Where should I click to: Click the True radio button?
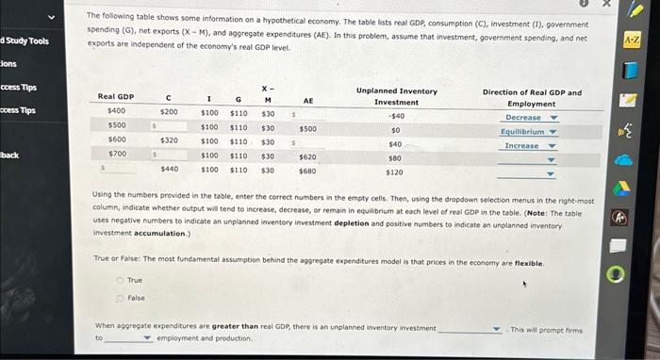point(121,280)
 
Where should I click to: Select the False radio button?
point(121,297)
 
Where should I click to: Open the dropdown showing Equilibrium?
point(531,132)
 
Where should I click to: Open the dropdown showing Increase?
point(531,146)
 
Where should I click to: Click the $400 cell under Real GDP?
point(117,112)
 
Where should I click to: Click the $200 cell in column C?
point(168,112)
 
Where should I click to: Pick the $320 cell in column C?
point(168,139)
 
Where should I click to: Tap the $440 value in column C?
point(169,170)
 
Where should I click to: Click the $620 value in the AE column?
point(307,156)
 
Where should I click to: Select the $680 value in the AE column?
point(307,171)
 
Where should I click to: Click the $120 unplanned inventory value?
point(395,172)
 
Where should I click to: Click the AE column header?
point(307,99)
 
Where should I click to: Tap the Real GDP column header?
point(116,96)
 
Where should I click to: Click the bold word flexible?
point(527,263)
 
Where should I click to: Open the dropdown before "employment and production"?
point(129,337)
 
